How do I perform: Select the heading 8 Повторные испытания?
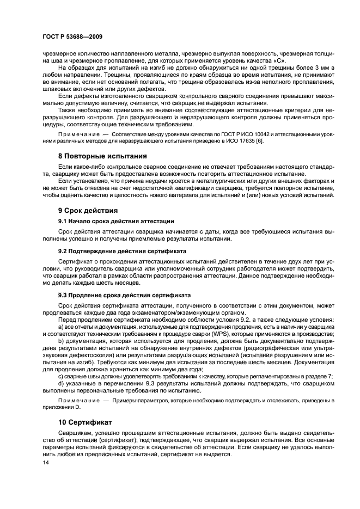[102, 155]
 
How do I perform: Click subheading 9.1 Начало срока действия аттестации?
[116, 221]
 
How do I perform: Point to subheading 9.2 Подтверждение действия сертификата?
[122, 251]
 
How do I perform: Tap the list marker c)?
[60, 376]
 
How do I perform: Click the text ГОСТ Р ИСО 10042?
[201, 133]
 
